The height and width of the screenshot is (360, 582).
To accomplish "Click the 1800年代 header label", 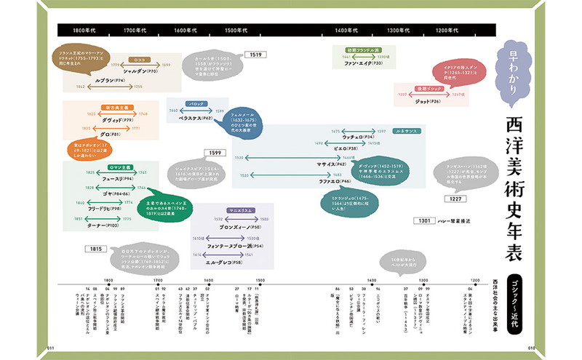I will click(84, 31).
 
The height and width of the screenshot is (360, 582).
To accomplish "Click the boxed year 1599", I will click(215, 153).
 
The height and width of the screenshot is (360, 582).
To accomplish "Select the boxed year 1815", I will click(96, 249).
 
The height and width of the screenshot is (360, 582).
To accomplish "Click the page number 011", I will click(52, 348).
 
